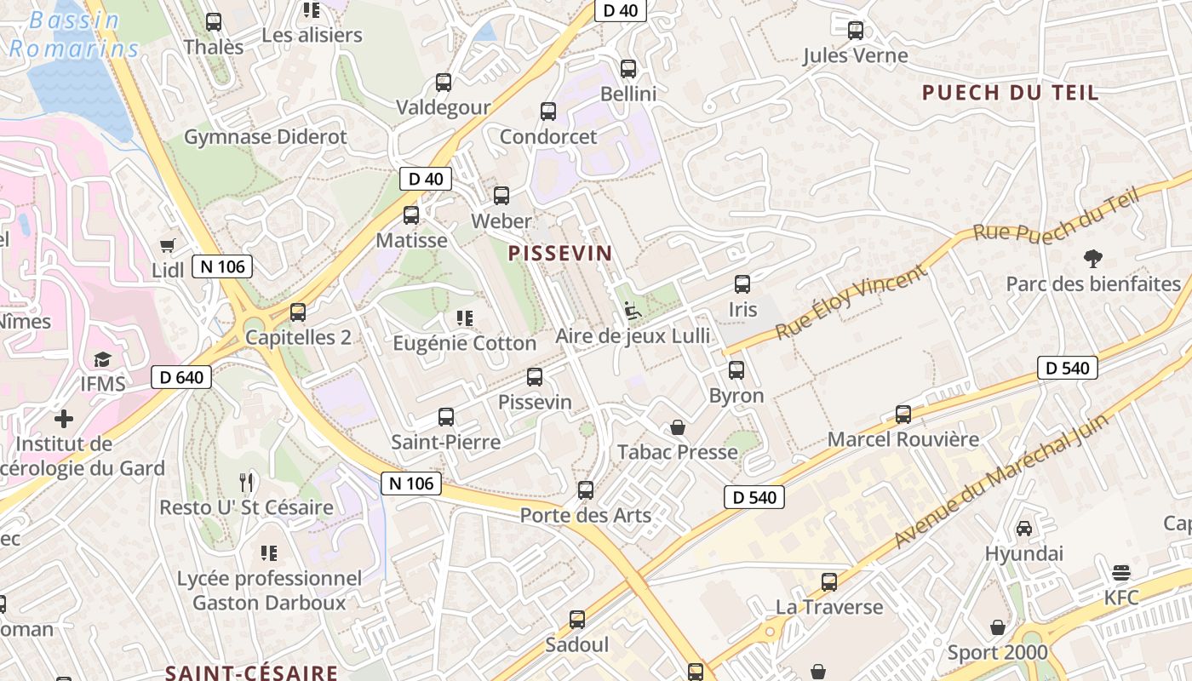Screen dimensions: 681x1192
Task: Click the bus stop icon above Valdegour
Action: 444,83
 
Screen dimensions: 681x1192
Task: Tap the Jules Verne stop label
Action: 856,56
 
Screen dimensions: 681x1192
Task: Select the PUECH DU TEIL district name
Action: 1011,93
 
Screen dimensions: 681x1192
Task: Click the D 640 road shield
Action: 181,377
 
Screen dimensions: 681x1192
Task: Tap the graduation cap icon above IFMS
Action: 103,359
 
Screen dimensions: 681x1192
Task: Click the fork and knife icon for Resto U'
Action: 246,483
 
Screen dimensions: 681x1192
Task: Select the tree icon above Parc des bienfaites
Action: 1092,259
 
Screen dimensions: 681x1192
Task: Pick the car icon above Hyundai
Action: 1024,529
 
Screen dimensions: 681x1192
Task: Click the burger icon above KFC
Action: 1121,572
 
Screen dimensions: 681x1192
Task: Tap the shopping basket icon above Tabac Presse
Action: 678,426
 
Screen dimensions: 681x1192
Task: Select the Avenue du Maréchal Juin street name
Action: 1001,481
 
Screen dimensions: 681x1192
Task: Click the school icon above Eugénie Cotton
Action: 464,318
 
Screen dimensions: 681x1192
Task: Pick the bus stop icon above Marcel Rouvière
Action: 903,415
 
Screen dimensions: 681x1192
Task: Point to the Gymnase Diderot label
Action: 266,137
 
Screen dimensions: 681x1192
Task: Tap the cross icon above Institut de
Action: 64,419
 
